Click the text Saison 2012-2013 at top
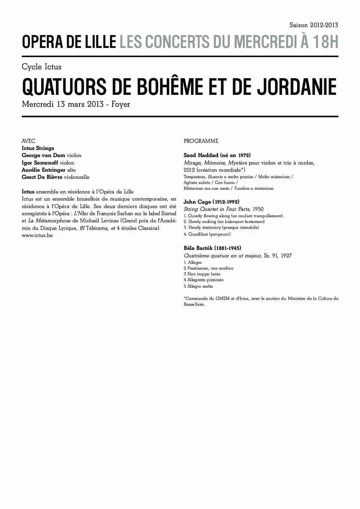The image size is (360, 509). click(x=313, y=25)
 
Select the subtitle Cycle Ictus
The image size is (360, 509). click(x=42, y=67)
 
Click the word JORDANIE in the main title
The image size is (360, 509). click(x=296, y=87)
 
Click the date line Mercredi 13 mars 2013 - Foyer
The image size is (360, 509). click(x=76, y=104)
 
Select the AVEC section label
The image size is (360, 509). click(x=28, y=141)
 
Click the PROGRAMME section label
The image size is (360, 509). click(x=201, y=141)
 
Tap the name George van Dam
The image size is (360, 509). click(x=43, y=155)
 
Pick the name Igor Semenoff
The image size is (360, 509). click(x=38, y=163)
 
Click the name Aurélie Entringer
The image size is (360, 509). click(x=44, y=170)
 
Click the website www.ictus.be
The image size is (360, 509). click(x=37, y=235)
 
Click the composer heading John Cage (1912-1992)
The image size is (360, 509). click(x=211, y=202)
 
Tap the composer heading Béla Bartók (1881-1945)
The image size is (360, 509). click(x=212, y=248)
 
